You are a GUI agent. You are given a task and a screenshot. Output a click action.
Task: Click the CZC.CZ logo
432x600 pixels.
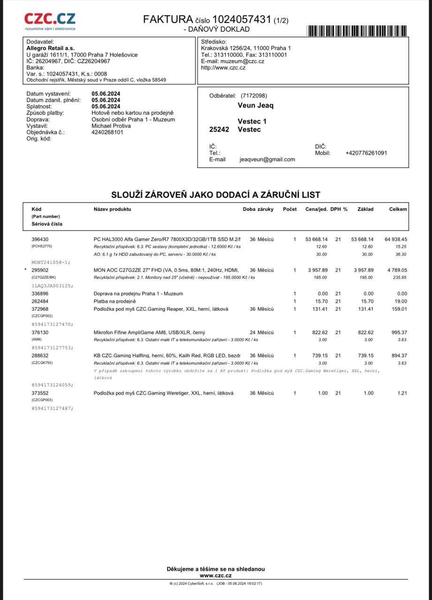pyautogui.click(x=50, y=21)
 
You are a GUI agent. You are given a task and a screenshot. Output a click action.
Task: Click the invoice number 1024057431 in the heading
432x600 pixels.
pyautogui.click(x=242, y=19)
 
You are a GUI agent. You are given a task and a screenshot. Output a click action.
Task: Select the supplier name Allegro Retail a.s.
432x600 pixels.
pyautogui.click(x=50, y=48)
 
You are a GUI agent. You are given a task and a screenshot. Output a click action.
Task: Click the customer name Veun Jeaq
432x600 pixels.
pyautogui.click(x=256, y=105)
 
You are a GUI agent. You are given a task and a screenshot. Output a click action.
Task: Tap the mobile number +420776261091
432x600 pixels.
pyautogui.click(x=366, y=153)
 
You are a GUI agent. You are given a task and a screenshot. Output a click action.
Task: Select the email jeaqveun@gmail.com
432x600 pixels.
pyautogui.click(x=267, y=159)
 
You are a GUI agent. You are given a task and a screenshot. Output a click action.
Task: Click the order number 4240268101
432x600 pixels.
pyautogui.click(x=107, y=132)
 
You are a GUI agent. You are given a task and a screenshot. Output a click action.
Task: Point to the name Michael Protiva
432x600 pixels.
pyautogui.click(x=111, y=126)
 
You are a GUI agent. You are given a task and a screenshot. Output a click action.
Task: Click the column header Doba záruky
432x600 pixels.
pyautogui.click(x=258, y=209)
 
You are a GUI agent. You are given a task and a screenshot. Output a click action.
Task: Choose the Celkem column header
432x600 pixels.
pyautogui.click(x=398, y=209)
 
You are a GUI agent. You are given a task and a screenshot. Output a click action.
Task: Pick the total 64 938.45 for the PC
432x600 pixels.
pyautogui.click(x=396, y=240)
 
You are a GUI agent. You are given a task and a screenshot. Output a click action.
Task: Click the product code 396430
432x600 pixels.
pyautogui.click(x=40, y=240)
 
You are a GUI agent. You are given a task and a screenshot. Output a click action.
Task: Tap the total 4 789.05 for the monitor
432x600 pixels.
pyautogui.click(x=397, y=270)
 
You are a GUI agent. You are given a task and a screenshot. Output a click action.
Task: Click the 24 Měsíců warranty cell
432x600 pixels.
pyautogui.click(x=262, y=332)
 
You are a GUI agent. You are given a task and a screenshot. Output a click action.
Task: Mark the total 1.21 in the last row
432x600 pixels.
pyautogui.click(x=402, y=393)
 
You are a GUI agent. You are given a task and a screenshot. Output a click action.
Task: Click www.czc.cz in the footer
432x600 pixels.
pyautogui.click(x=216, y=575)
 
